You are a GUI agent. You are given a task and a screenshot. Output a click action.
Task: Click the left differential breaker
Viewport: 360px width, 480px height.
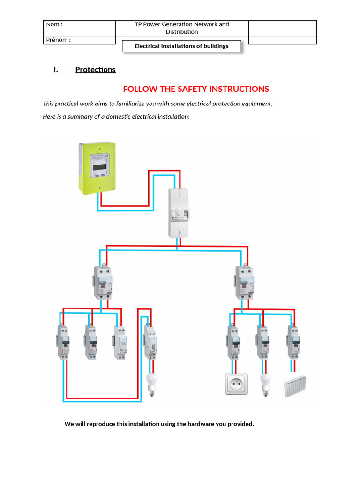104,282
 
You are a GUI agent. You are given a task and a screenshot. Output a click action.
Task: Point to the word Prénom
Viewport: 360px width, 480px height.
58,40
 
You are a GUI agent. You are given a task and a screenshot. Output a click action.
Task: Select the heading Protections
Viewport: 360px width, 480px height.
95,70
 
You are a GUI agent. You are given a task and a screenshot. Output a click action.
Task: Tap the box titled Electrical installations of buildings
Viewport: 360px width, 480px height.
181,46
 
